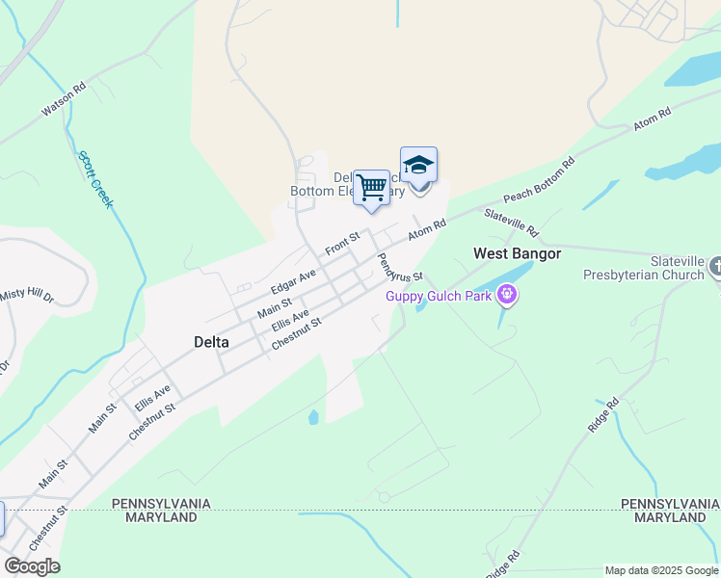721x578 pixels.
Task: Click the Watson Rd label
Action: pyautogui.click(x=64, y=99)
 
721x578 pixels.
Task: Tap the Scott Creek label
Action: pyautogui.click(x=95, y=180)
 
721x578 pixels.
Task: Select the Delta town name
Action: pyautogui.click(x=211, y=341)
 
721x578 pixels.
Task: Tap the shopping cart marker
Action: pyautogui.click(x=371, y=188)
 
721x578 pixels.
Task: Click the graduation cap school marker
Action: pyautogui.click(x=418, y=166)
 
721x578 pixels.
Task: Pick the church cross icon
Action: pyautogui.click(x=715, y=266)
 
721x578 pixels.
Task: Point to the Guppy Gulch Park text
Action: pyautogui.click(x=439, y=296)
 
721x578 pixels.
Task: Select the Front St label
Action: pyautogui.click(x=342, y=244)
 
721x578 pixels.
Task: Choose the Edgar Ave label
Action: pyautogui.click(x=293, y=281)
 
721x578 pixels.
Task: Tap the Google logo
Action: pyautogui.click(x=32, y=566)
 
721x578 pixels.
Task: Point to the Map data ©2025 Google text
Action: pyautogui.click(x=661, y=570)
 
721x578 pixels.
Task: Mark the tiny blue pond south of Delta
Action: pyautogui.click(x=313, y=418)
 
